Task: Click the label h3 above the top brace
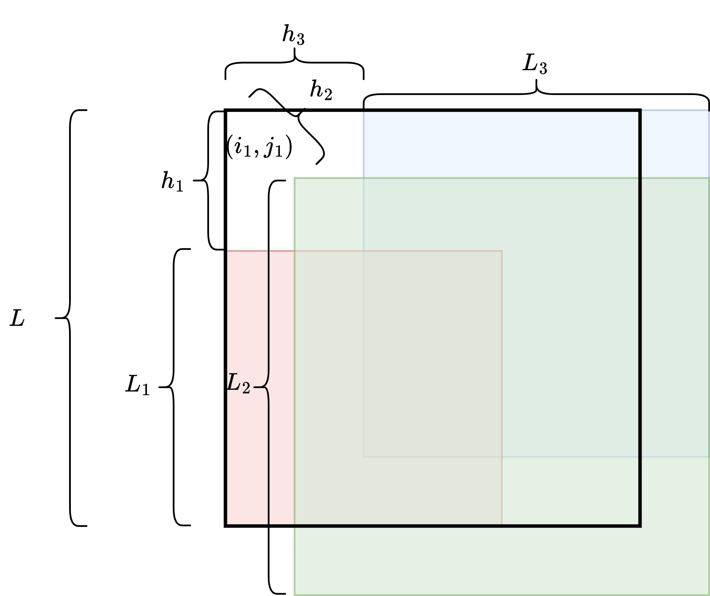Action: tap(293, 36)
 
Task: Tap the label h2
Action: tap(321, 90)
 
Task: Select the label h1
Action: tap(172, 181)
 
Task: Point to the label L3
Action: tap(535, 65)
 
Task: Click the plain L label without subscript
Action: tap(17, 319)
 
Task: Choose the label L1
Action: tap(138, 385)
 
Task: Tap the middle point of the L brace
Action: tap(56, 318)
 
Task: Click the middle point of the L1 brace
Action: tap(160, 387)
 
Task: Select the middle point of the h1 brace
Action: tap(195, 180)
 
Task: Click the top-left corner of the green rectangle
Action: tap(294, 178)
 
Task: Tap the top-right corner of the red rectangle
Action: tap(501, 251)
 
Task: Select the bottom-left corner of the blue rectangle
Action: tap(364, 456)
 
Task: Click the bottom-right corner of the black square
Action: tap(640, 526)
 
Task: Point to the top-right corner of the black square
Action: tap(640, 111)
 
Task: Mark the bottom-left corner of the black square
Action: tap(226, 526)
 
